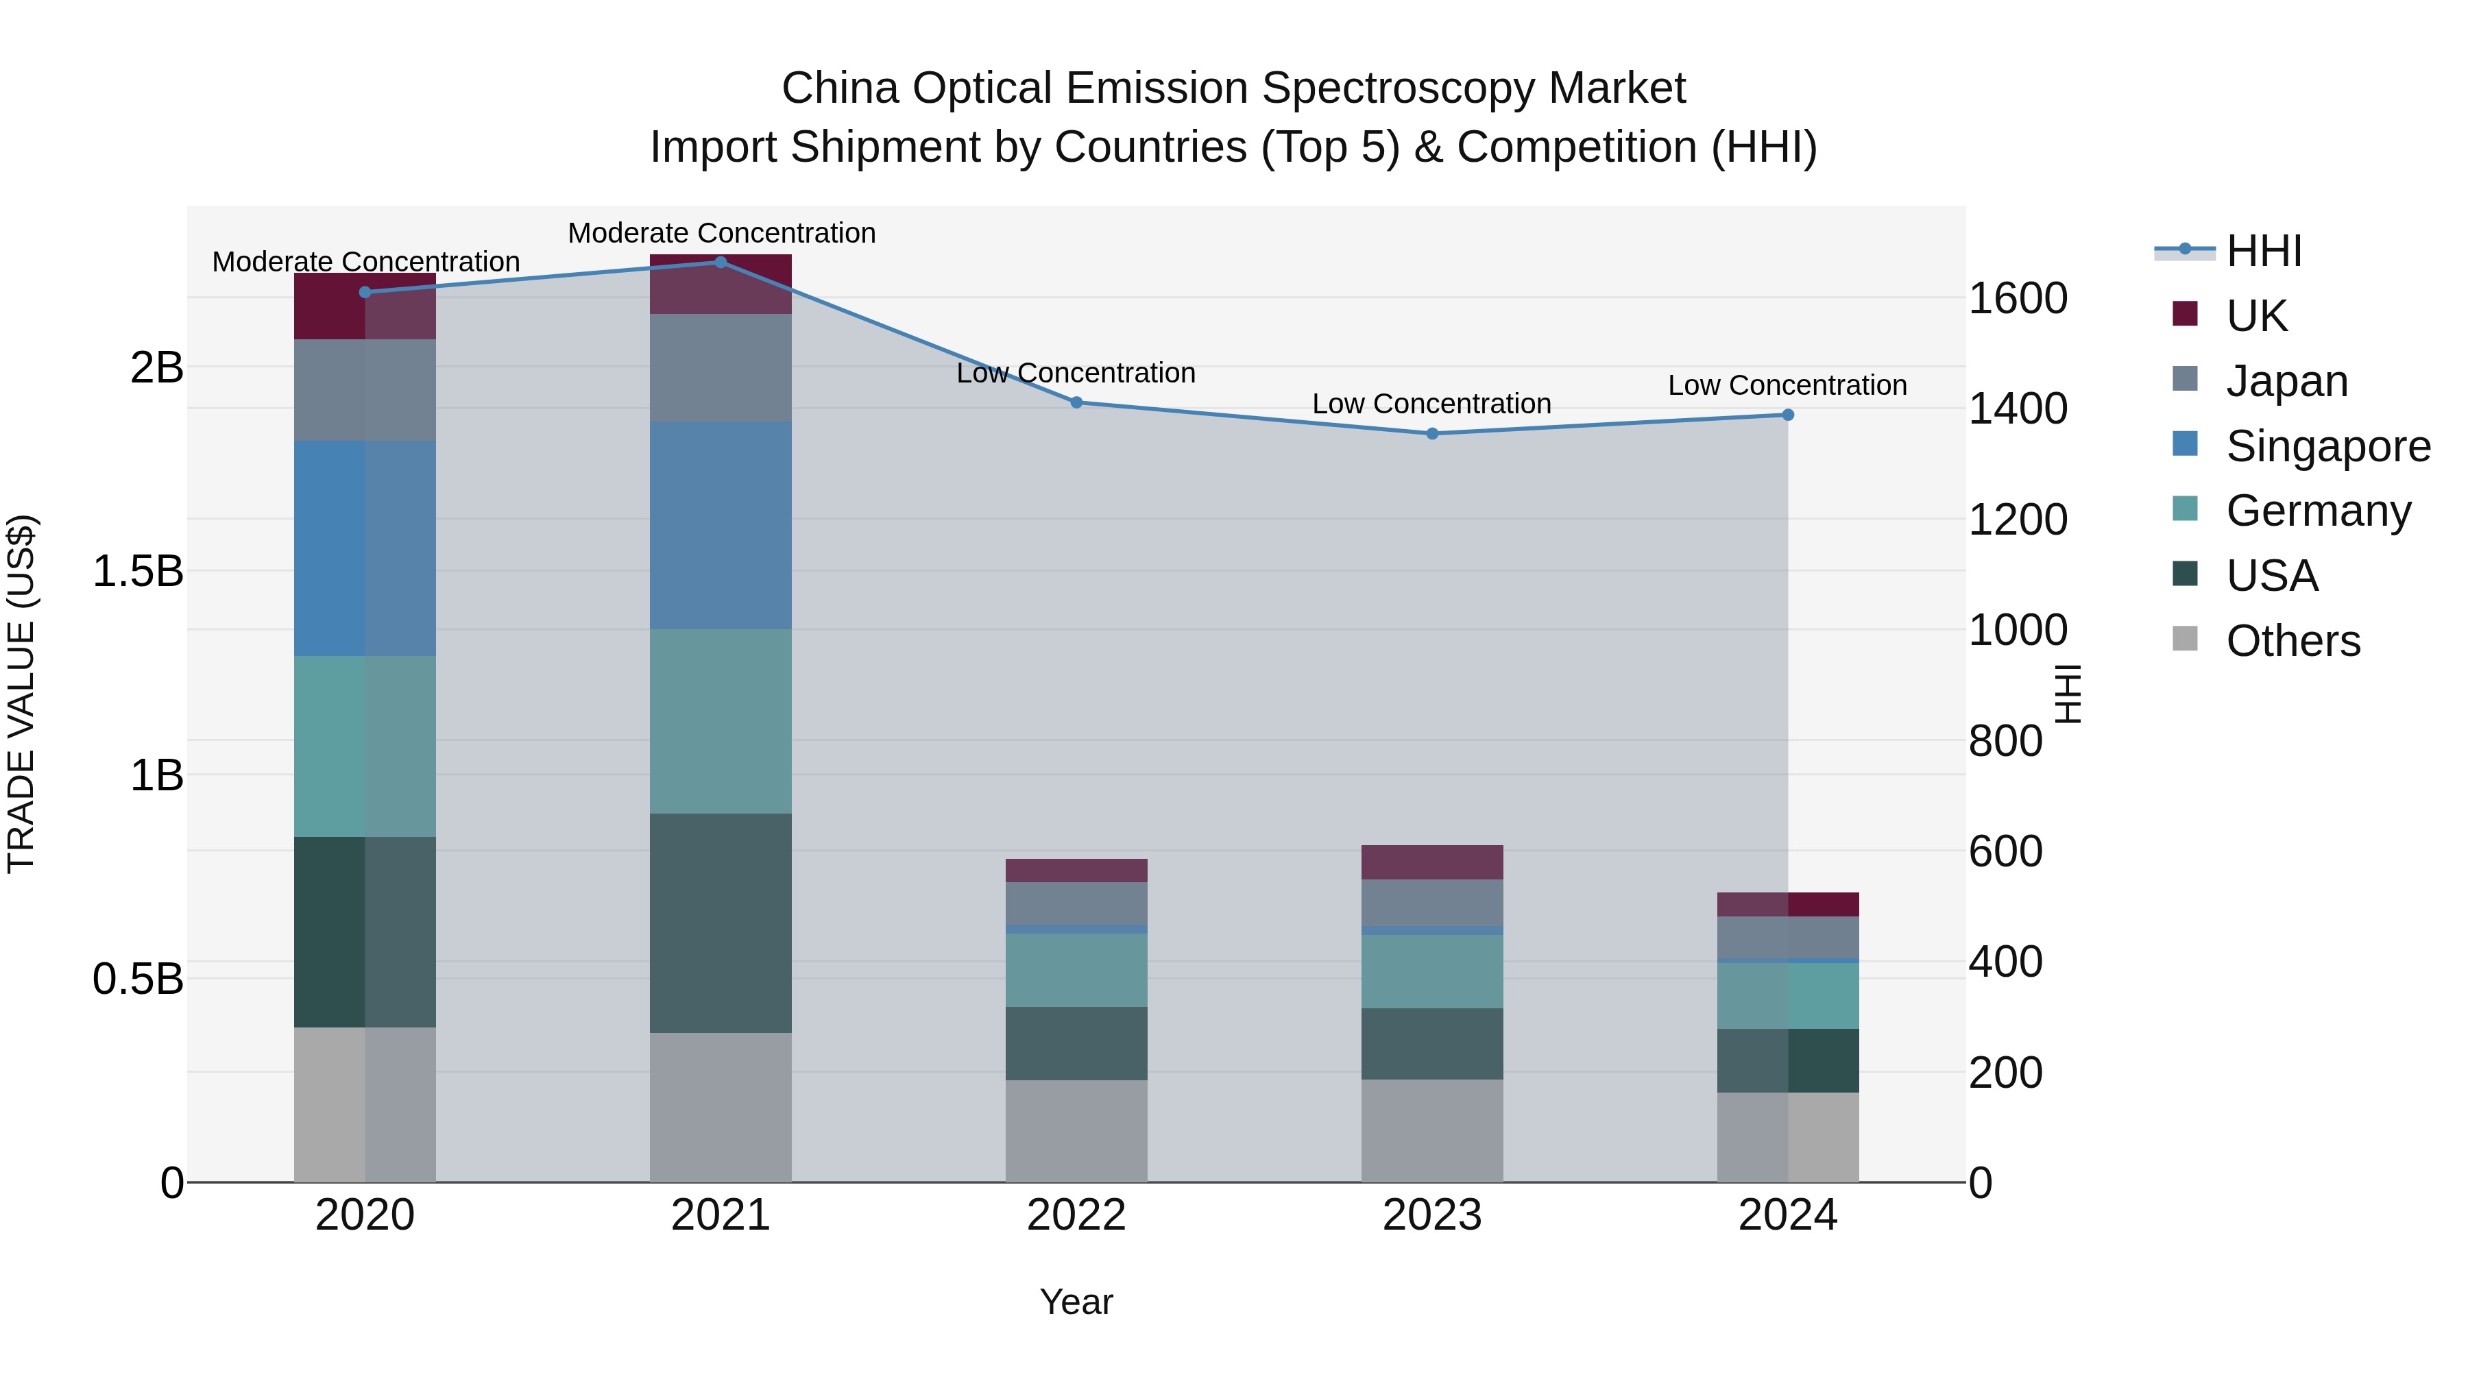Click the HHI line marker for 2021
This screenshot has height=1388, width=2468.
click(721, 263)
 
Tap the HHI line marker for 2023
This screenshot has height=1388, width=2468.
click(1432, 434)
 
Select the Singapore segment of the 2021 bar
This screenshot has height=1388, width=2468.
click(721, 525)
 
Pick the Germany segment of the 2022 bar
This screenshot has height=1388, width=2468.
click(1076, 969)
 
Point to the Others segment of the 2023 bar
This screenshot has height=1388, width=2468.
click(1432, 1130)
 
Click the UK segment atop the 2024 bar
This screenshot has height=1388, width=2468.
click(1788, 904)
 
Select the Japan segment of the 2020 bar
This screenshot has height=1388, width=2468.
click(364, 390)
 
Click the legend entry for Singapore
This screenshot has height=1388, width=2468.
click(2327, 446)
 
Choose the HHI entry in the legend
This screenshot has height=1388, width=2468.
click(2263, 251)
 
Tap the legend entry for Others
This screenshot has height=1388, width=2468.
click(2292, 641)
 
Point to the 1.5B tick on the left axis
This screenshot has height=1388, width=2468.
click(138, 572)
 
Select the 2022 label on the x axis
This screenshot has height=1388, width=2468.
click(1076, 1215)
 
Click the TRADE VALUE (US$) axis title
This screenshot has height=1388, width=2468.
click(21, 694)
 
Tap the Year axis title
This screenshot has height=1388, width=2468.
click(1076, 1302)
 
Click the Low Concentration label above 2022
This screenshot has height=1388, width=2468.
click(1076, 373)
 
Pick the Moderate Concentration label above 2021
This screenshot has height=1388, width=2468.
click(721, 233)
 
